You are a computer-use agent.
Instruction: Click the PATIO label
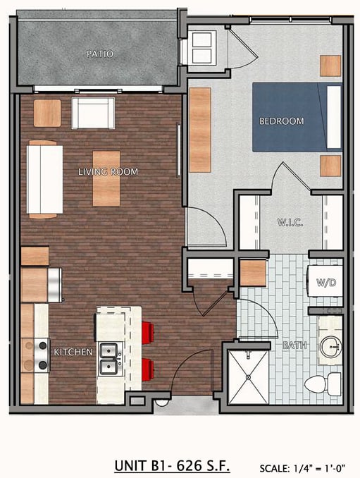[99, 54]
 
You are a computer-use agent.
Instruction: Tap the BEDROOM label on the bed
[281, 121]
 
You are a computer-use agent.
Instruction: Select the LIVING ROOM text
[108, 171]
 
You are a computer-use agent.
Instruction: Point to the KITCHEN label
[73, 352]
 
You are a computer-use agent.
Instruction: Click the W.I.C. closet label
[290, 222]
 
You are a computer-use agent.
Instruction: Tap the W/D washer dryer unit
[325, 281]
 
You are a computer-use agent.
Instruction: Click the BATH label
[294, 345]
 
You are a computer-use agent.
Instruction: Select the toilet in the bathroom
[323, 384]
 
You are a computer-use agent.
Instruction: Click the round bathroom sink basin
[330, 347]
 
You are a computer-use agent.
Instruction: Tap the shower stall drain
[248, 377]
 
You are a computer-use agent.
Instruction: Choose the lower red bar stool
[148, 369]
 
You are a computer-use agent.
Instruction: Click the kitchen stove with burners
[42, 355]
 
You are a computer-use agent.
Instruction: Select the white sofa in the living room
[44, 180]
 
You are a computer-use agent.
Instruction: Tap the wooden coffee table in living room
[106, 178]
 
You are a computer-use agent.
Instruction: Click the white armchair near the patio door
[93, 113]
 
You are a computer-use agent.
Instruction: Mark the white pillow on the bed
[334, 117]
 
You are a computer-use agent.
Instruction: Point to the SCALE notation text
[302, 467]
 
